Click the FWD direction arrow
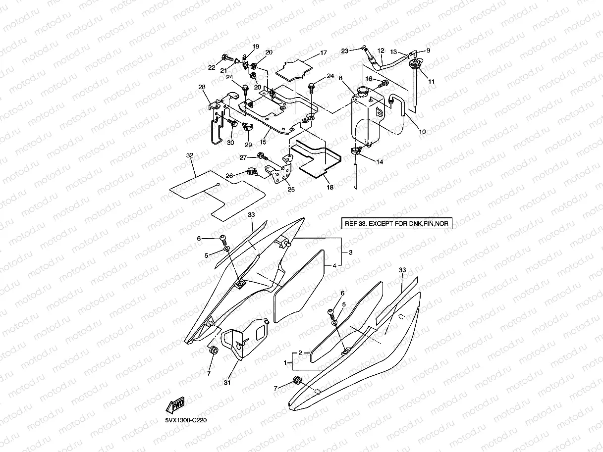pyautogui.click(x=175, y=405)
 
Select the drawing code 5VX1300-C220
pyautogui.click(x=186, y=420)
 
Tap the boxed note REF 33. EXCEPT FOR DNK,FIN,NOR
pyautogui.click(x=396, y=223)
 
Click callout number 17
pyautogui.click(x=324, y=52)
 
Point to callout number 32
pyautogui.click(x=190, y=155)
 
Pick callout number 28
pyautogui.click(x=202, y=87)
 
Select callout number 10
pyautogui.click(x=422, y=132)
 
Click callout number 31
pyautogui.click(x=227, y=382)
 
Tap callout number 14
pyautogui.click(x=380, y=162)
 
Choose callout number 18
pyautogui.click(x=330, y=187)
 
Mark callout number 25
pyautogui.click(x=291, y=189)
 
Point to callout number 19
pyautogui.click(x=256, y=47)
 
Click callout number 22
pyautogui.click(x=212, y=67)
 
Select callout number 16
pyautogui.click(x=369, y=79)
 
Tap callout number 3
pyautogui.click(x=350, y=252)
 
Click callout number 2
pyautogui.click(x=300, y=352)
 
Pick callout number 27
pyautogui.click(x=243, y=158)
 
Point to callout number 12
pyautogui.click(x=381, y=51)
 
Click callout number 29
pyautogui.click(x=248, y=145)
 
